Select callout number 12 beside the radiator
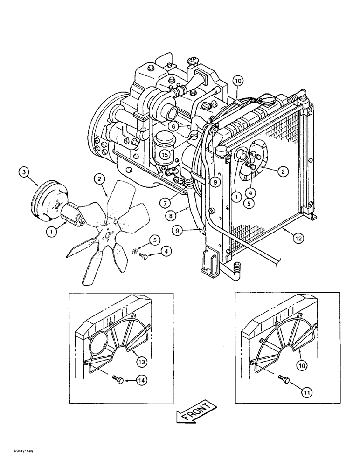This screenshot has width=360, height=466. click(x=298, y=239)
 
